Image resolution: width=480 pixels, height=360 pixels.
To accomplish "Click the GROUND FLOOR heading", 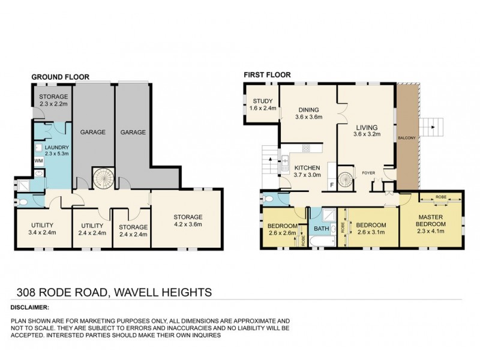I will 60,77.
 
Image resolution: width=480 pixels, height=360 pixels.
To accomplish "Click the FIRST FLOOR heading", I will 267,75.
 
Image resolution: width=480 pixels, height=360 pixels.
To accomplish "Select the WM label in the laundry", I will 38,161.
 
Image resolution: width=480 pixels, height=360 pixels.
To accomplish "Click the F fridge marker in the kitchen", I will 331,185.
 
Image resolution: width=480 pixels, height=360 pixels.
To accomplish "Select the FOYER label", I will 368,173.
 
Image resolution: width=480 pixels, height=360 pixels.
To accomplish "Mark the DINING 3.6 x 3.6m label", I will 308,113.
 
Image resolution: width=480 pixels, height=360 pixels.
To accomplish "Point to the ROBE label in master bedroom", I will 441,196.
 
